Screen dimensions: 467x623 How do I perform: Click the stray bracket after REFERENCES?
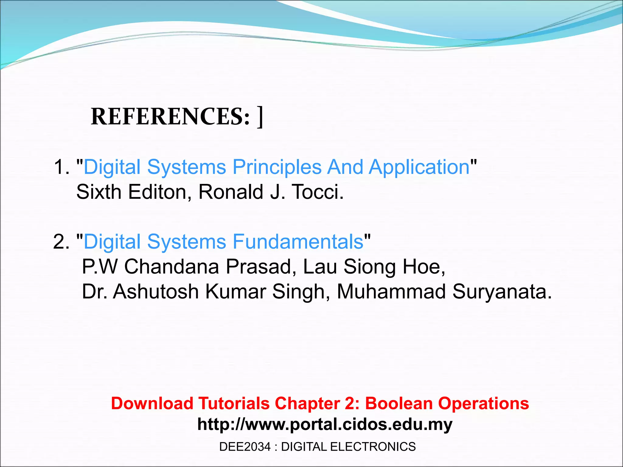click(260, 117)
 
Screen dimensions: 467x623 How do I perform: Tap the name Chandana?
click(172, 267)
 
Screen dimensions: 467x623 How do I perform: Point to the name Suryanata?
click(502, 292)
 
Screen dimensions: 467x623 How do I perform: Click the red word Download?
click(152, 403)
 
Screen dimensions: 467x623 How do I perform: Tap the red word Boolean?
click(399, 403)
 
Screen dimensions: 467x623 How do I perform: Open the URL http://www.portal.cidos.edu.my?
click(325, 424)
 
